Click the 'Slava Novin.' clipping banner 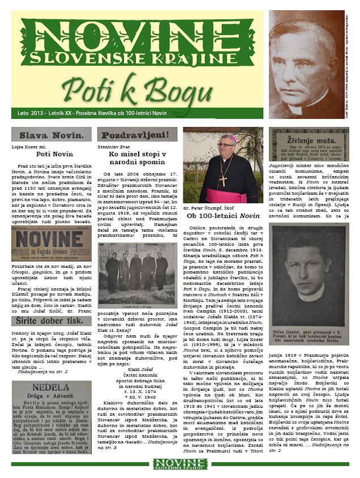[x=52, y=135]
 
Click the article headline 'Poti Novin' [x=52, y=153]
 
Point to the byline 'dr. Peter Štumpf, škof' [x=210, y=208]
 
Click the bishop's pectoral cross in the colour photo [x=224, y=180]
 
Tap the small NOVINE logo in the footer [x=179, y=464]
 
